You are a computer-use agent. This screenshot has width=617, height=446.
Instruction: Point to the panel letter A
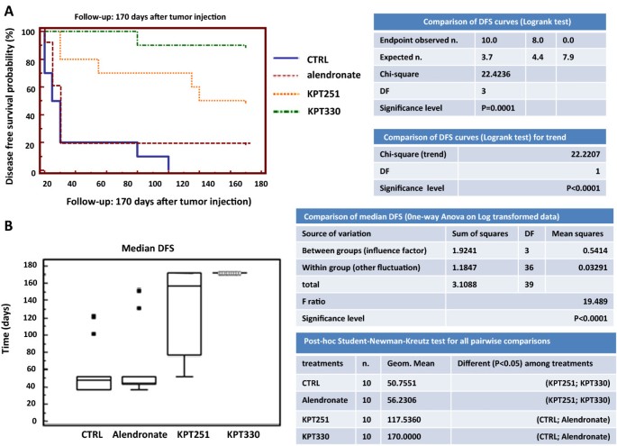click(8, 12)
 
